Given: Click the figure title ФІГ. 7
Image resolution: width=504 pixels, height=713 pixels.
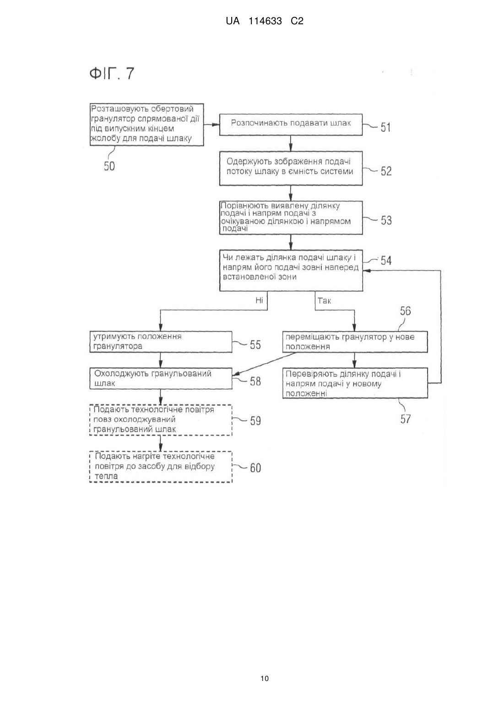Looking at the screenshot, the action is [112, 74].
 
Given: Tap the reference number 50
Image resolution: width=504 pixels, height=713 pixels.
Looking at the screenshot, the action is [109, 166].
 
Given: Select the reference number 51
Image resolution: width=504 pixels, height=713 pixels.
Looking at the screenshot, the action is [385, 127].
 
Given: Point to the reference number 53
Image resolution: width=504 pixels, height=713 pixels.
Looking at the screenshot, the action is [386, 220].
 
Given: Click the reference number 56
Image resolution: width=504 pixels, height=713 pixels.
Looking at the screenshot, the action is [406, 310].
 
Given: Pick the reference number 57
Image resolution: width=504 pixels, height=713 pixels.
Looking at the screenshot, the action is [406, 419].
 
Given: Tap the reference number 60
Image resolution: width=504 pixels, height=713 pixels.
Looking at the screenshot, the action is [255, 468].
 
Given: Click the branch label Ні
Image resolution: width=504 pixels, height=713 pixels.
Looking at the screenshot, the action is [259, 300].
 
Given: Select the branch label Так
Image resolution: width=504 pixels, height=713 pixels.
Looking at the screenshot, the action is [324, 300].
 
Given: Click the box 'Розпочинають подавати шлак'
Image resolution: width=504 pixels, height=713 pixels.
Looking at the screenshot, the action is [291, 125].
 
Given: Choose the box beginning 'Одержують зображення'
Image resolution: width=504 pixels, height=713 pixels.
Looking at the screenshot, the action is [291, 169].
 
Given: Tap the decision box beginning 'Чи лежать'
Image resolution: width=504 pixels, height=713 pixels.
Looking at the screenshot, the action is [291, 270].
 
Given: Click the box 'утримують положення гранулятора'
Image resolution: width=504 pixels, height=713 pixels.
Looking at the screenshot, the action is [161, 342].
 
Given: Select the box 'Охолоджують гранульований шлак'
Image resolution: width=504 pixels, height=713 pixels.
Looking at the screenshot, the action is [161, 378].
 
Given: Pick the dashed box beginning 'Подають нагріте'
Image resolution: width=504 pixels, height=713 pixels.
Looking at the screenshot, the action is [161, 467].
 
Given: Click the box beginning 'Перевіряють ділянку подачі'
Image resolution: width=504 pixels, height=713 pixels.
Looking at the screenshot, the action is [355, 383].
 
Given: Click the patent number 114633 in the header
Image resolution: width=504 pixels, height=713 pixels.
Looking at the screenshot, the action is [265, 21].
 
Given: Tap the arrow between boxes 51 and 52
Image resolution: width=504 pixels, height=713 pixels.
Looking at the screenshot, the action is [291, 143].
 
